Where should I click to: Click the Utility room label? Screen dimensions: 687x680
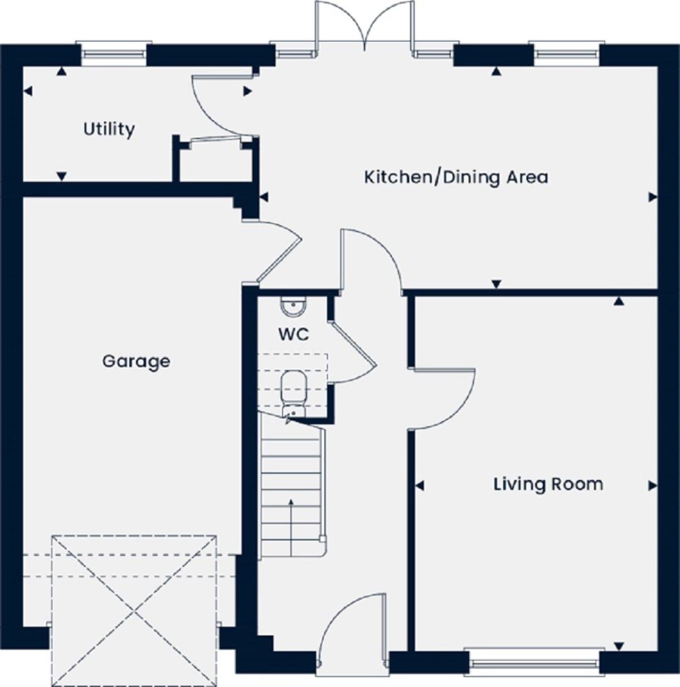click(109, 130)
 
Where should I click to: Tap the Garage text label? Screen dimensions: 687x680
click(136, 362)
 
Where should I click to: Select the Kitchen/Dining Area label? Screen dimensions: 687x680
click(456, 177)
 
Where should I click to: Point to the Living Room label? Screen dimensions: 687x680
click(548, 484)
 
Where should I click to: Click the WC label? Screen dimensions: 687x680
click(293, 335)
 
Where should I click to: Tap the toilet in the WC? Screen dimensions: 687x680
click(293, 390)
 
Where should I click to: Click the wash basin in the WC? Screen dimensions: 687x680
click(293, 306)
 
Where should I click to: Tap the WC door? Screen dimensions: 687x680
click(353, 352)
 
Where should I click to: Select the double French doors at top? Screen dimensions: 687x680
click(364, 25)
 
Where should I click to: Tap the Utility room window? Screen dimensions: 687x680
click(113, 54)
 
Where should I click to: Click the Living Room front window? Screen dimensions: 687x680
click(534, 661)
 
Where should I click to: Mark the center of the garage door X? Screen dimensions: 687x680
click(134, 610)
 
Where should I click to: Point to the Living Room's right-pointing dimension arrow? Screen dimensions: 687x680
click(652, 486)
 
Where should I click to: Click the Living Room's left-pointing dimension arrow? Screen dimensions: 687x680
click(420, 486)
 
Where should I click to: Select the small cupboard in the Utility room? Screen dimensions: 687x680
click(215, 160)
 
